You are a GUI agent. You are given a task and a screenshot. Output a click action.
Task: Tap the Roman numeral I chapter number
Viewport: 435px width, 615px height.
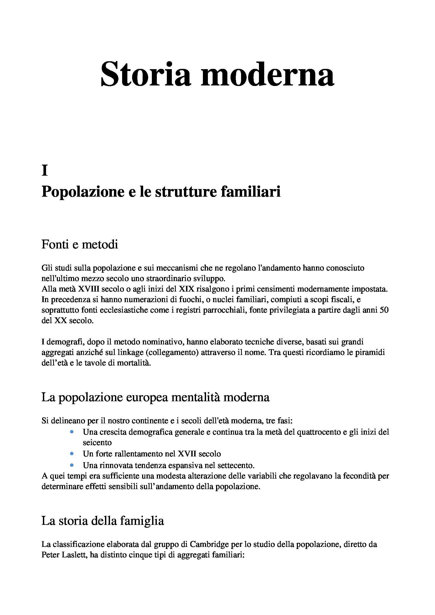coord(44,171)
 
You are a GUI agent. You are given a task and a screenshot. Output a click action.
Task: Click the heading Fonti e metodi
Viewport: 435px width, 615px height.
coord(79,244)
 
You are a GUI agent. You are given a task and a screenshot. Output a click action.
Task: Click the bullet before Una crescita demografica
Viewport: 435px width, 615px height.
coord(72,432)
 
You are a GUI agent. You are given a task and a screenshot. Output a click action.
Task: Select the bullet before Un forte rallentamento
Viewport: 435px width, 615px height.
coord(72,454)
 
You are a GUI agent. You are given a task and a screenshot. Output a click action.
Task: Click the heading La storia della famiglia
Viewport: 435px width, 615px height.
coord(103,521)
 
